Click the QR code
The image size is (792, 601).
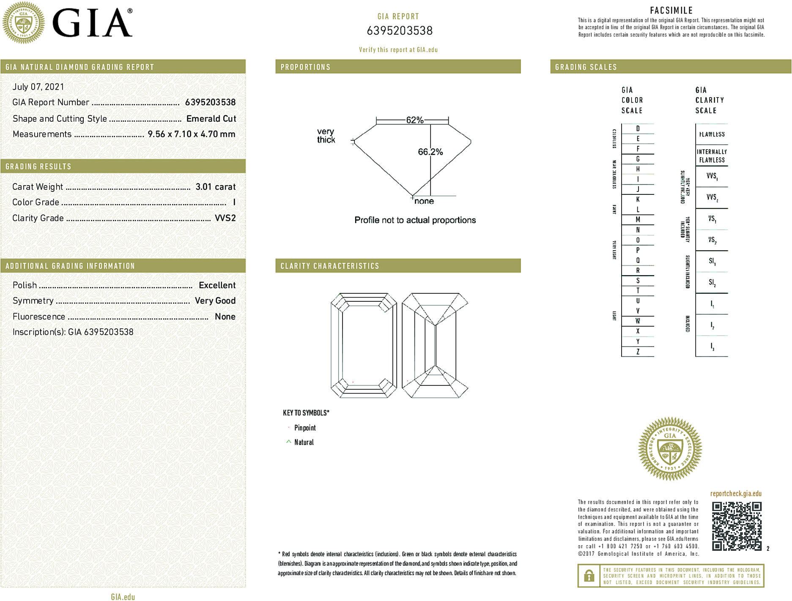coord(737,526)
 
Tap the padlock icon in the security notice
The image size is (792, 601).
coord(589,576)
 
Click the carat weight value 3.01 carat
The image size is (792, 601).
coord(215,187)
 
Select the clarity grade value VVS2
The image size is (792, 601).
coord(225,218)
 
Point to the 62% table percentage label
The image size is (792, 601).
coord(414,120)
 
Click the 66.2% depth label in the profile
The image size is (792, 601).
coord(430,152)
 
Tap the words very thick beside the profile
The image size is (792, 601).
coord(326,136)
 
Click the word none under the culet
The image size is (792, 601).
coord(424,201)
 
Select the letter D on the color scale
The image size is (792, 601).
coord(638,128)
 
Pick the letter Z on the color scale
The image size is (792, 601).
coord(638,352)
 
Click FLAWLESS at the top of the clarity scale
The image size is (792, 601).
coord(712,134)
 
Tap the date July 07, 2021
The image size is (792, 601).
coord(38,87)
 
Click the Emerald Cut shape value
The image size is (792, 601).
coord(211,119)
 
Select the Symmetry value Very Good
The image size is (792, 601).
coord(215,300)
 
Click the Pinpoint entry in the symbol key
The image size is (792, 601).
coord(305,428)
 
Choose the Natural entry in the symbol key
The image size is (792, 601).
coord(304,442)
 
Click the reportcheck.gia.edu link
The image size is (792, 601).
coord(735,494)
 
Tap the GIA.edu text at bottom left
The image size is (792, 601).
coord(123,597)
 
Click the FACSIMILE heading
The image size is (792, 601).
coord(671,11)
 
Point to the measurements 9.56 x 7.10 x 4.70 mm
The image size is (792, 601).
coord(191,134)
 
